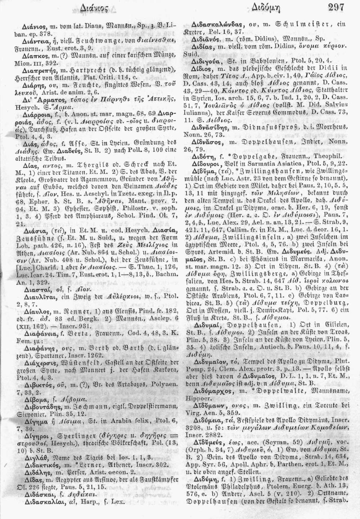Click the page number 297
(336, 7)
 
